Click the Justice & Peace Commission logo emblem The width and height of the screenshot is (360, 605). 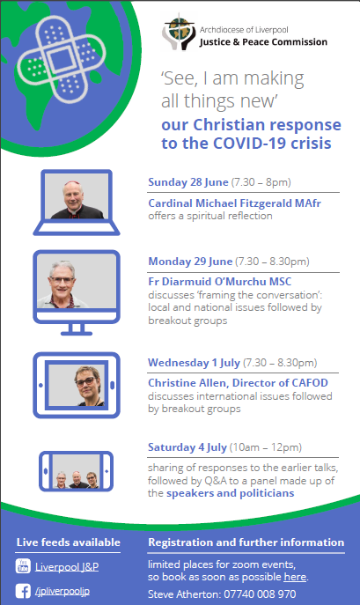click(x=179, y=32)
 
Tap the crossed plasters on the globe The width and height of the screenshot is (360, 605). click(x=61, y=59)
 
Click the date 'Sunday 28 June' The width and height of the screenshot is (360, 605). click(x=188, y=182)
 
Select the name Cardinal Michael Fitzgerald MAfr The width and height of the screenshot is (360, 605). click(x=235, y=203)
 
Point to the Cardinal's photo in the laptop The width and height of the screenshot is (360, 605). click(x=77, y=196)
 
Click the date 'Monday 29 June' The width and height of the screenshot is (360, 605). click(x=190, y=262)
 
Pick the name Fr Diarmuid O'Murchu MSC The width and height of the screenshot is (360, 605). click(x=220, y=281)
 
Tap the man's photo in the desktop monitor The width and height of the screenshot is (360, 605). click(x=77, y=281)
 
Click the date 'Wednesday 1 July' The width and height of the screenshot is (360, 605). click(x=195, y=363)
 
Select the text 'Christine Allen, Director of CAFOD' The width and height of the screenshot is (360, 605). click(x=238, y=383)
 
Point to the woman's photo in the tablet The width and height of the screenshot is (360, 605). click(x=77, y=385)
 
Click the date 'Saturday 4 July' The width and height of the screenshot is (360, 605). click(x=187, y=447)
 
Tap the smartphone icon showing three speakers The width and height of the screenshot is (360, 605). click(x=76, y=471)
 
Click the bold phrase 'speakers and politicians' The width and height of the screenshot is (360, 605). click(x=230, y=493)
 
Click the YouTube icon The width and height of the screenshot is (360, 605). click(x=23, y=566)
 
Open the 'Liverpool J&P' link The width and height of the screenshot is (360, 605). click(x=67, y=566)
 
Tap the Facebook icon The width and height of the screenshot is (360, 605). click(x=23, y=591)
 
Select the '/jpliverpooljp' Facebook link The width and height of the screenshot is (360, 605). click(x=62, y=591)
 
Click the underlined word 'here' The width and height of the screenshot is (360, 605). click(x=295, y=577)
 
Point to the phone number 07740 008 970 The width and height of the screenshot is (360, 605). click(x=260, y=594)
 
